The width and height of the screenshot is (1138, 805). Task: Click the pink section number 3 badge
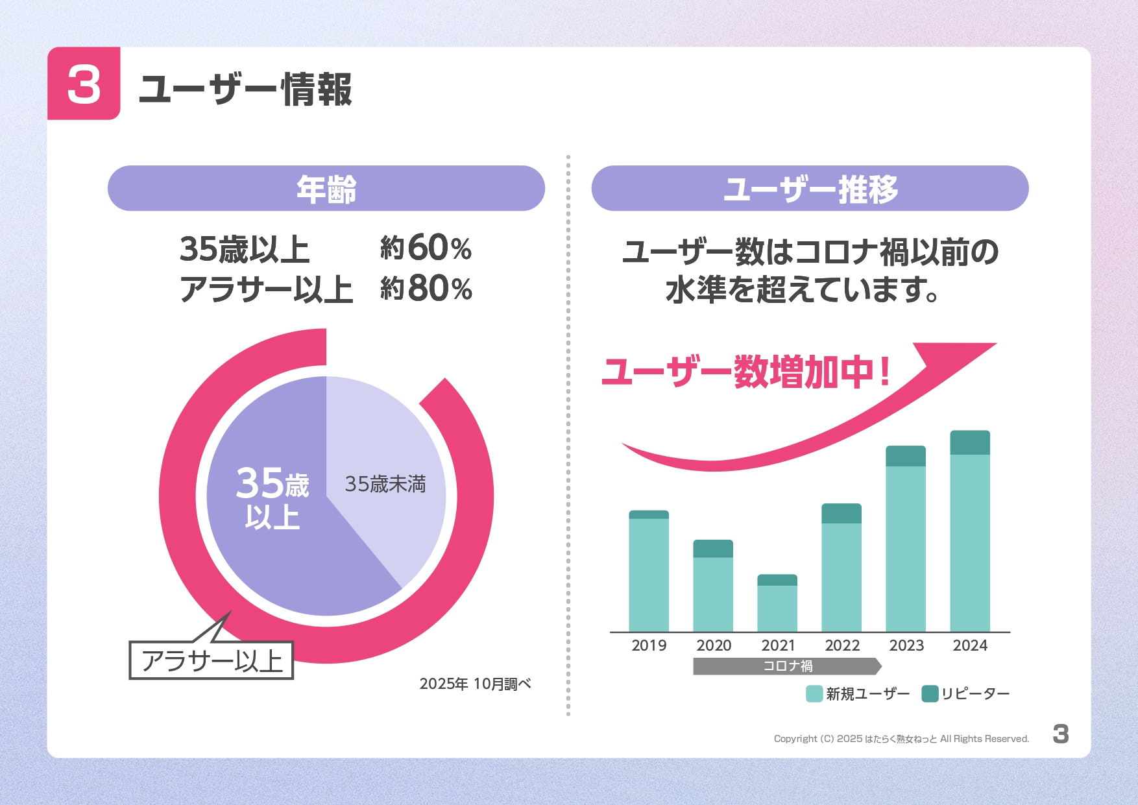(x=84, y=84)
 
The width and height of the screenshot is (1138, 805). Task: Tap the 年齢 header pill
(x=326, y=188)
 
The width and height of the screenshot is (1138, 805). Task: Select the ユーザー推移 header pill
(x=810, y=188)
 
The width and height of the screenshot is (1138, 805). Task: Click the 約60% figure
(x=426, y=248)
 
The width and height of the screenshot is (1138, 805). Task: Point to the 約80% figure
(x=426, y=288)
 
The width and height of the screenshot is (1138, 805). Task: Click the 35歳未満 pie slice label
(x=385, y=484)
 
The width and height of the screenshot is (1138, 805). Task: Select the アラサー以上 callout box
(x=212, y=660)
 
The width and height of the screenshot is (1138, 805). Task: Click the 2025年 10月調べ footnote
(x=475, y=684)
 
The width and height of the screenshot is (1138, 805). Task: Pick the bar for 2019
(x=649, y=571)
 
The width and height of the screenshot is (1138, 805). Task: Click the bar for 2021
(x=777, y=603)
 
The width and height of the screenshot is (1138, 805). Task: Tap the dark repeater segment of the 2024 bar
(x=970, y=442)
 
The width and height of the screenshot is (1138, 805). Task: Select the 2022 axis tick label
(x=842, y=645)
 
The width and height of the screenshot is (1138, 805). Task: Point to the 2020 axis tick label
(x=714, y=645)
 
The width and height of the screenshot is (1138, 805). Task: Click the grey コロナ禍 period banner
(x=786, y=666)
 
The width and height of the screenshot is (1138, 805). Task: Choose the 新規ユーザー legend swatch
(x=814, y=693)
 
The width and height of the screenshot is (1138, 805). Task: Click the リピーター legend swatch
(x=930, y=693)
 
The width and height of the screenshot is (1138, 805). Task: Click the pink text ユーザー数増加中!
(x=746, y=372)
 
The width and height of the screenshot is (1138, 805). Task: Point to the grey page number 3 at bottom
(x=1060, y=734)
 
